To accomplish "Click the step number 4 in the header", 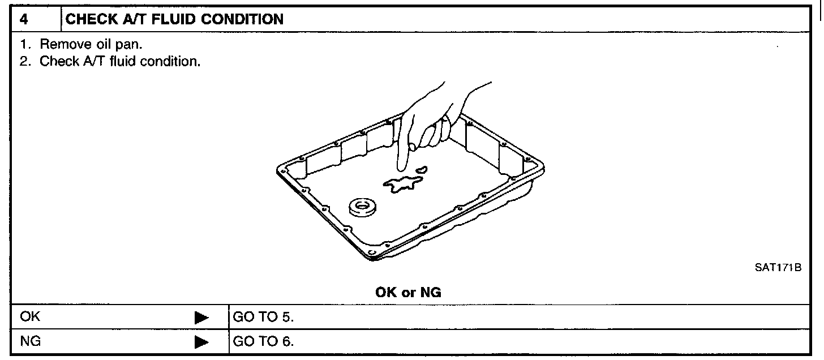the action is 23,19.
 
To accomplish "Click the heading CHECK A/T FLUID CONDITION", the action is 175,19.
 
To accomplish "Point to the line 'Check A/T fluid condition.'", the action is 110,61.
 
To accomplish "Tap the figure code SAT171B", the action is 778,268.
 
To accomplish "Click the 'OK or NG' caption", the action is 408,293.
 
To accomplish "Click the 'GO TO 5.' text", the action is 263,316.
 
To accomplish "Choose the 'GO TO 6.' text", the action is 263,342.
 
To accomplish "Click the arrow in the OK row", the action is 201,317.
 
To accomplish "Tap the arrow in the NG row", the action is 201,342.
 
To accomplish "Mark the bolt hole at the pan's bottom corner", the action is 370,252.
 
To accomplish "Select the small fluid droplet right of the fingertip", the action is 422,168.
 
